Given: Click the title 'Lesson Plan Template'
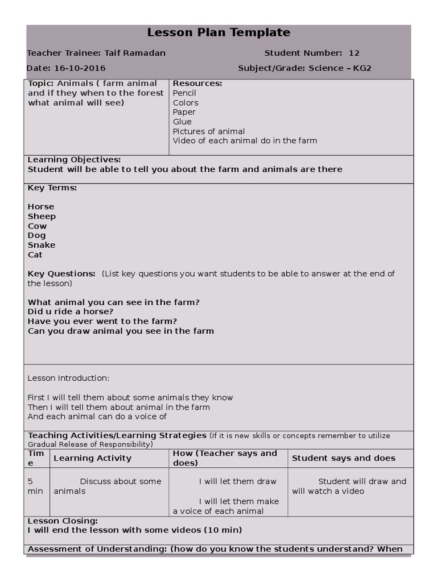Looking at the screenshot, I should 218,33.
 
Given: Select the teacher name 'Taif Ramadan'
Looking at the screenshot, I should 135,53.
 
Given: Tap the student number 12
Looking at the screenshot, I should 354,53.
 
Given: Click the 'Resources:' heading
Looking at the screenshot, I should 197,84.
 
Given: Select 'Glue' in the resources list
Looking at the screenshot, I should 182,122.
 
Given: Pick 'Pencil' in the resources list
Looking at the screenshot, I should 184,93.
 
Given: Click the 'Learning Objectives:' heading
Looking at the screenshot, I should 74,160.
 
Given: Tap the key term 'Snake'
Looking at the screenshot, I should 42,245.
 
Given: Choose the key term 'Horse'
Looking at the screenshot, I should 41,207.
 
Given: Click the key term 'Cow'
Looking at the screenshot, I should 38,226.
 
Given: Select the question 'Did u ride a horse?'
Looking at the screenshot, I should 71,311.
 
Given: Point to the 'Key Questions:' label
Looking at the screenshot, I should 61,274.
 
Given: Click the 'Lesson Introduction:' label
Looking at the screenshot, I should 68,378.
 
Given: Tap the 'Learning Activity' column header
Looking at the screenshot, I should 92,458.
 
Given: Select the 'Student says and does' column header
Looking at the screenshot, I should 343,458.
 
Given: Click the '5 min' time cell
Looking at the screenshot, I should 35,486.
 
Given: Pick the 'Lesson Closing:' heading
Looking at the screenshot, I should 63,521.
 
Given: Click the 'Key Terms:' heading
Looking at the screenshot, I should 52,188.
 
